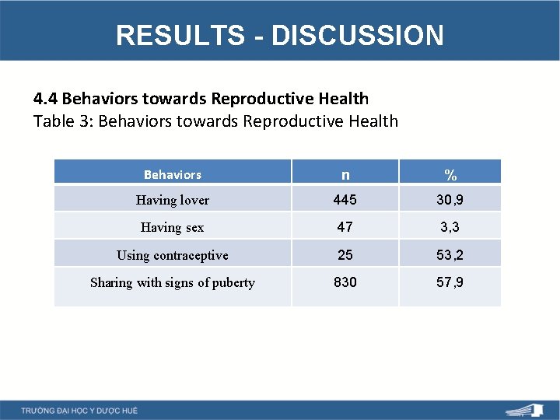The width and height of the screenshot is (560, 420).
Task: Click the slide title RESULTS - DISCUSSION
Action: click(280, 35)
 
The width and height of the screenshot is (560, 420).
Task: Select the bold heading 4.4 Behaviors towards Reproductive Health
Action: click(201, 99)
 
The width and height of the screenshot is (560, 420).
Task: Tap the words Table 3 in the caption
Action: click(63, 121)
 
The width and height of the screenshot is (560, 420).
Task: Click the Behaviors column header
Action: click(173, 174)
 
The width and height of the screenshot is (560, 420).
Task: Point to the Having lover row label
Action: click(173, 200)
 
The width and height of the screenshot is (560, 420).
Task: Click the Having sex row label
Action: click(173, 228)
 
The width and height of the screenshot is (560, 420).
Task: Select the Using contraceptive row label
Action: click(173, 255)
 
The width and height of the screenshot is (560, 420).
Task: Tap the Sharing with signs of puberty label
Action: click(173, 282)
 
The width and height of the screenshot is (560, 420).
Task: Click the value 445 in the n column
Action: click(345, 200)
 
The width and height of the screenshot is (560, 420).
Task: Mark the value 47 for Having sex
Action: click(345, 227)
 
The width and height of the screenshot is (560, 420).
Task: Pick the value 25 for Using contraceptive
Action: click(345, 255)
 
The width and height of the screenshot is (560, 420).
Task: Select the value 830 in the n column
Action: click(345, 282)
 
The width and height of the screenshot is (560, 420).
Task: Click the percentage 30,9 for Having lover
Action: click(450, 200)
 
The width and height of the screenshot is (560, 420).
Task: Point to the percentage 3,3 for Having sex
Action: click(450, 227)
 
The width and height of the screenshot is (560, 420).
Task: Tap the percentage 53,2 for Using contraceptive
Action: click(450, 255)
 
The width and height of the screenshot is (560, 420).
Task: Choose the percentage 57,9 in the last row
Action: click(450, 282)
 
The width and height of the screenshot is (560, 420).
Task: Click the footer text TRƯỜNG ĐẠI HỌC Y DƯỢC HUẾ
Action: click(79, 410)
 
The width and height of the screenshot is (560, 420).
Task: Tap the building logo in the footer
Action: click(526, 410)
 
